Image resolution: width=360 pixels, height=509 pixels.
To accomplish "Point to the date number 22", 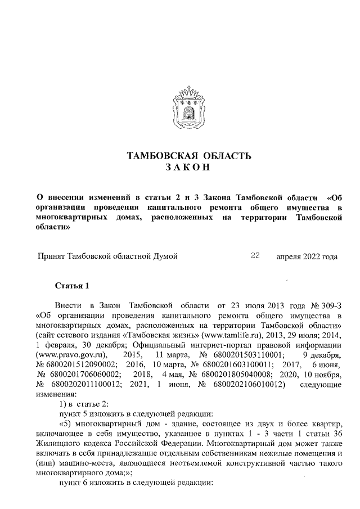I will coord(255,256).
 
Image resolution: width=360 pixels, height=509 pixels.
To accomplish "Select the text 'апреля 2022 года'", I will coord(307,257).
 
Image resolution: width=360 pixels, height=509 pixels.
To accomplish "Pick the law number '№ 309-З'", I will coord(326,305).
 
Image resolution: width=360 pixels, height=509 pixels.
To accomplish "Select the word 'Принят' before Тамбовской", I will coord(51,257).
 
